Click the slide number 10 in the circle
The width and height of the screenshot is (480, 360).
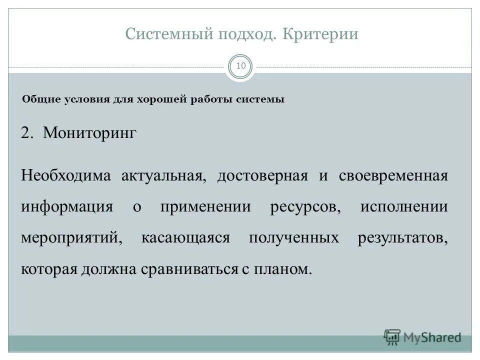[x=241, y=66]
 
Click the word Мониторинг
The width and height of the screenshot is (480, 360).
[x=89, y=133]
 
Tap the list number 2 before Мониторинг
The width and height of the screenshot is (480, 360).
[x=26, y=133]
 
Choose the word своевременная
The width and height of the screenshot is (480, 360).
[x=393, y=176]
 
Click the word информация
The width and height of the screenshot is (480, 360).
[x=67, y=207]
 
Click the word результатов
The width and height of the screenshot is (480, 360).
[x=402, y=238]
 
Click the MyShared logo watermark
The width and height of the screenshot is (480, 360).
[x=422, y=337]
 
